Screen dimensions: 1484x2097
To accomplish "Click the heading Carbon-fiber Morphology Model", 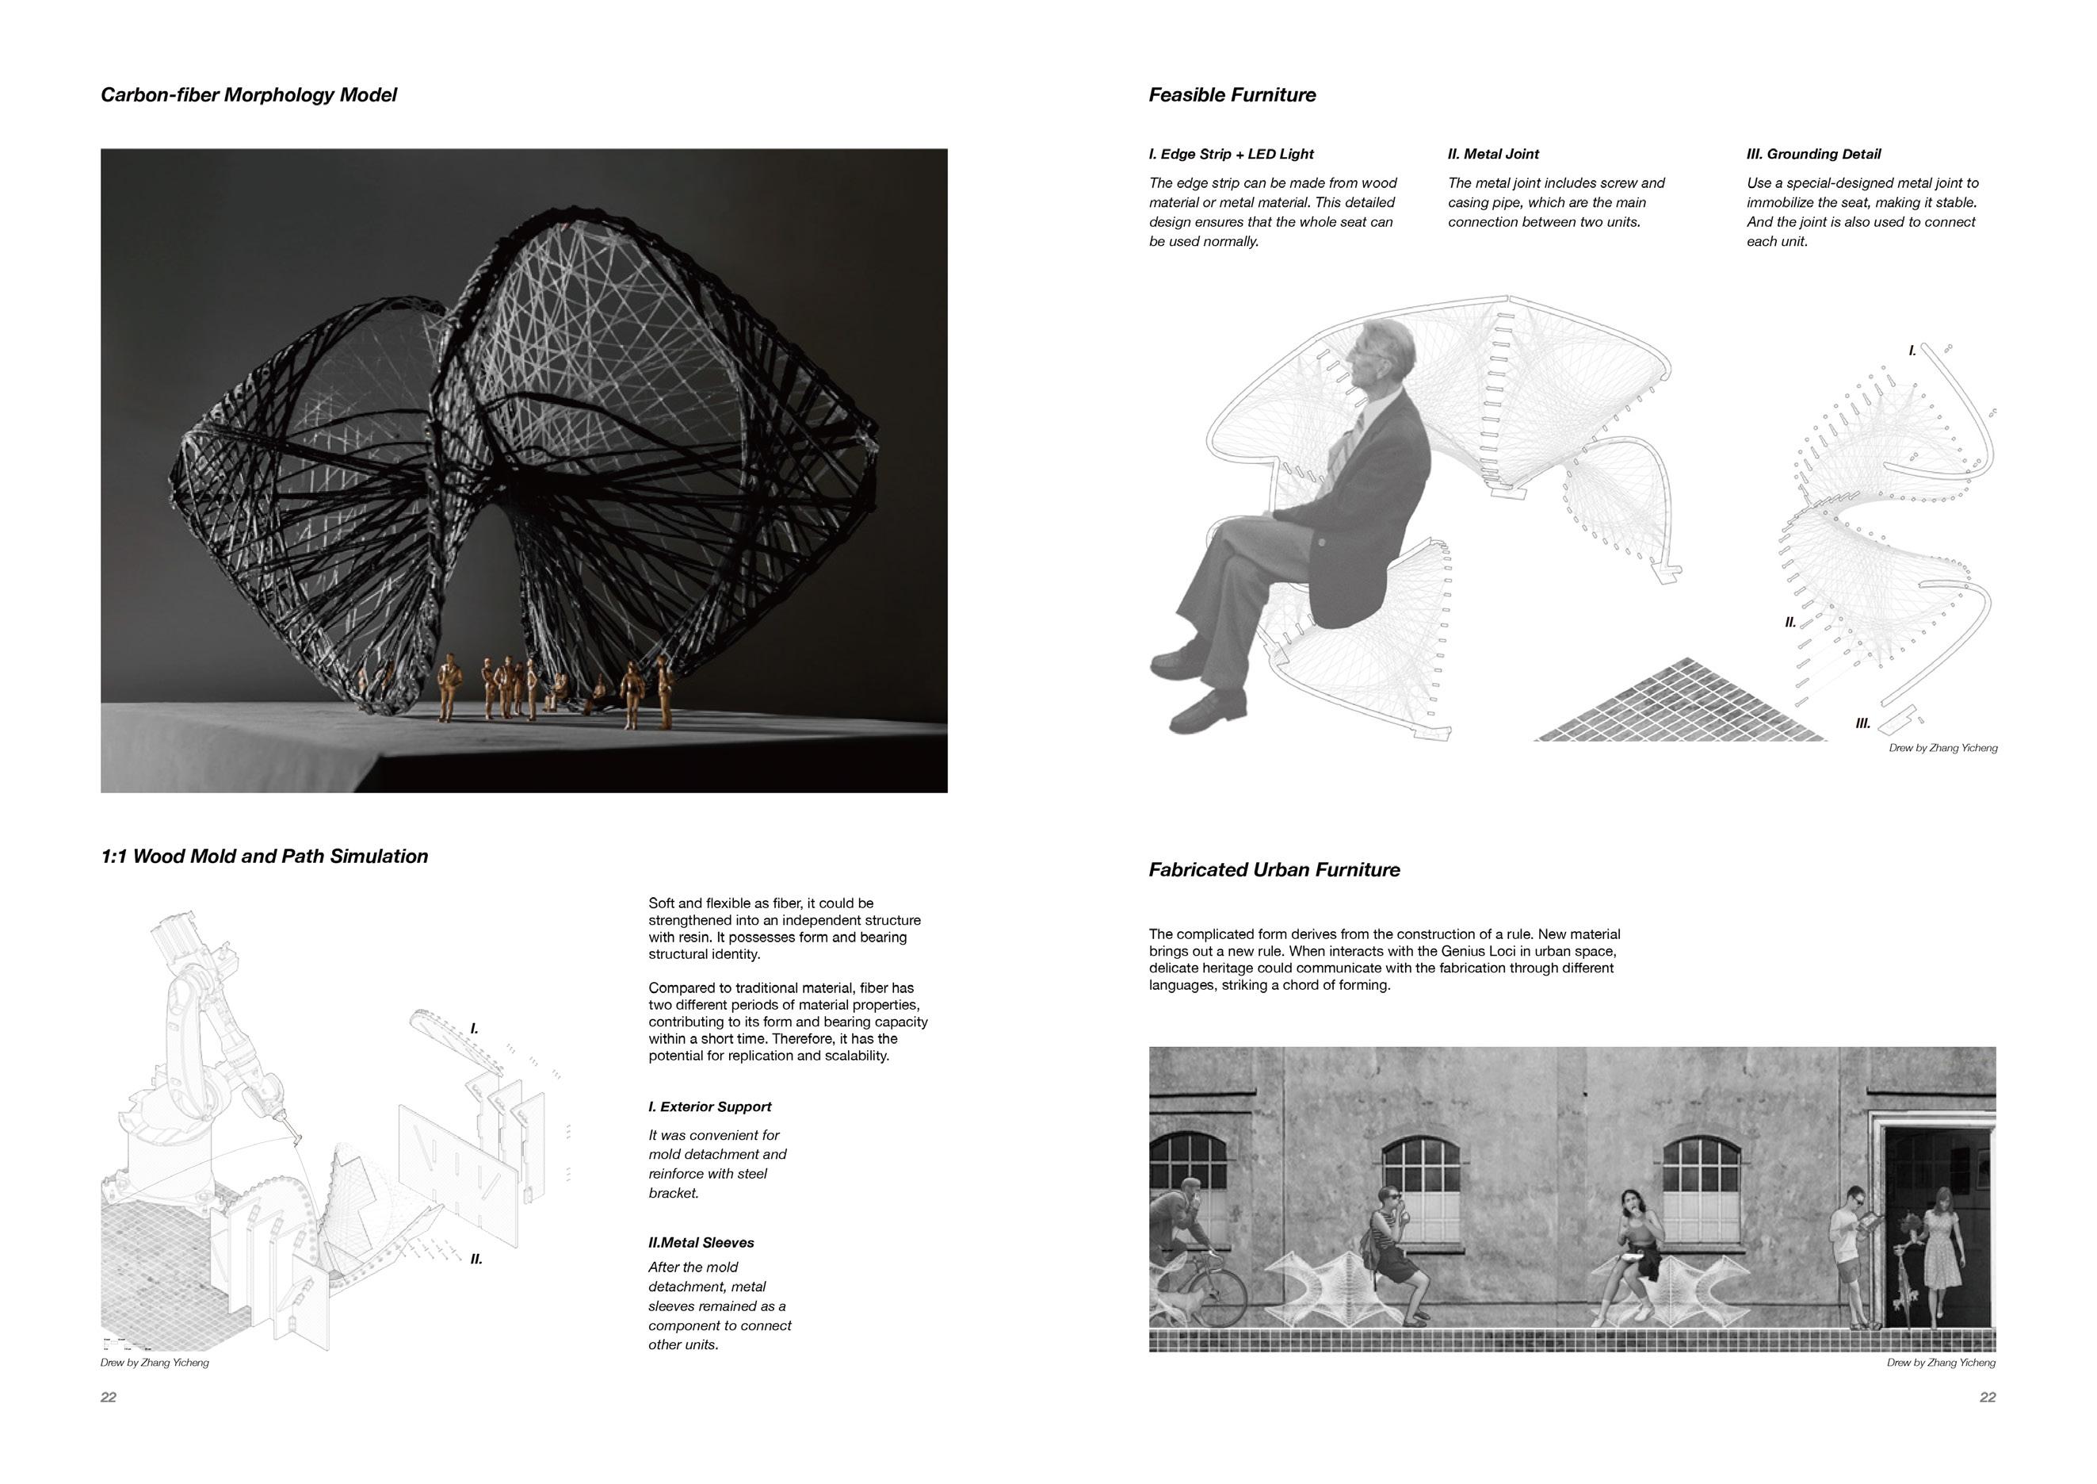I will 248,95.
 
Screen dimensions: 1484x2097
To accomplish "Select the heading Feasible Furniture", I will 1232,95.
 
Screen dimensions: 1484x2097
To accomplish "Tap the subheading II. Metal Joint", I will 1493,155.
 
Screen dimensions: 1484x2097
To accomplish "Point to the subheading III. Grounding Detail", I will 1814,155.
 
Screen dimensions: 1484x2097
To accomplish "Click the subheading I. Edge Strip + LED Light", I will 1231,155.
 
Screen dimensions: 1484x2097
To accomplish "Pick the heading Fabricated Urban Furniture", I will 1274,870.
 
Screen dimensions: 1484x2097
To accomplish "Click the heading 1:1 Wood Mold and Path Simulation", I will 264,857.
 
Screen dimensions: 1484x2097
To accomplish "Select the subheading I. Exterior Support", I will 709,1106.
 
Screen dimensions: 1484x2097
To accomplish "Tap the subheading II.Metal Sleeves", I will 701,1243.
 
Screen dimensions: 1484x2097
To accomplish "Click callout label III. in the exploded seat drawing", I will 1863,723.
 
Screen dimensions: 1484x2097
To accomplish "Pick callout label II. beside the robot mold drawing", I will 476,1260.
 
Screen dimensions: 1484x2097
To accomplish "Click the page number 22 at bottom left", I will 109,1398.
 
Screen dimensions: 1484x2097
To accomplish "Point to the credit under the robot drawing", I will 155,1363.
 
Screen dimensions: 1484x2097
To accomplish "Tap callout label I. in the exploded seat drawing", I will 1912,351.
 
